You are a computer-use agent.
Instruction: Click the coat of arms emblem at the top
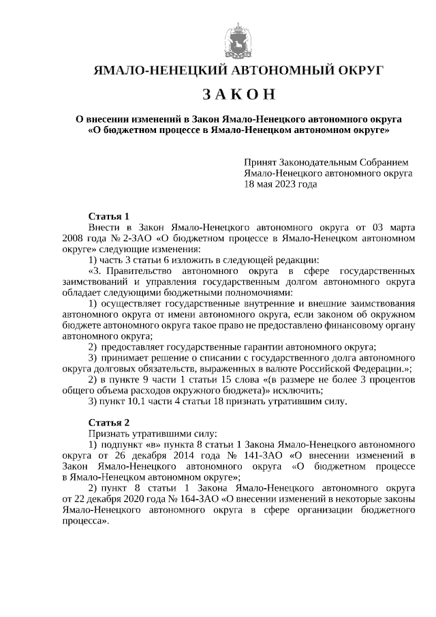pyautogui.click(x=238, y=41)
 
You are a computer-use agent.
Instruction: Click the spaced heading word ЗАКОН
pyautogui.click(x=238, y=93)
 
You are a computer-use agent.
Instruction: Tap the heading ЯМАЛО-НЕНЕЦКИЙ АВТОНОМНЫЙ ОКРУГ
pyautogui.click(x=238, y=70)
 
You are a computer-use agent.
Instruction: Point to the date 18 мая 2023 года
pyautogui.click(x=281, y=184)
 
